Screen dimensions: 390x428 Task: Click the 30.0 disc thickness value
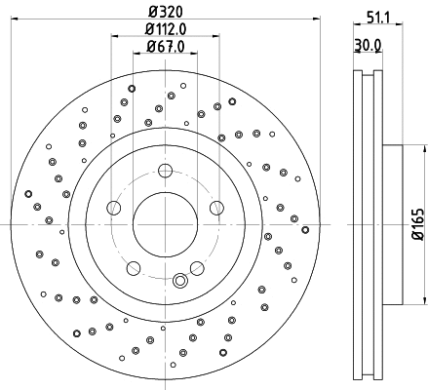point(366,45)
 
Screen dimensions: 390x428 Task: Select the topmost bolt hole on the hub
point(164,172)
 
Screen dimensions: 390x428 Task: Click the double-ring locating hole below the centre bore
point(179,281)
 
